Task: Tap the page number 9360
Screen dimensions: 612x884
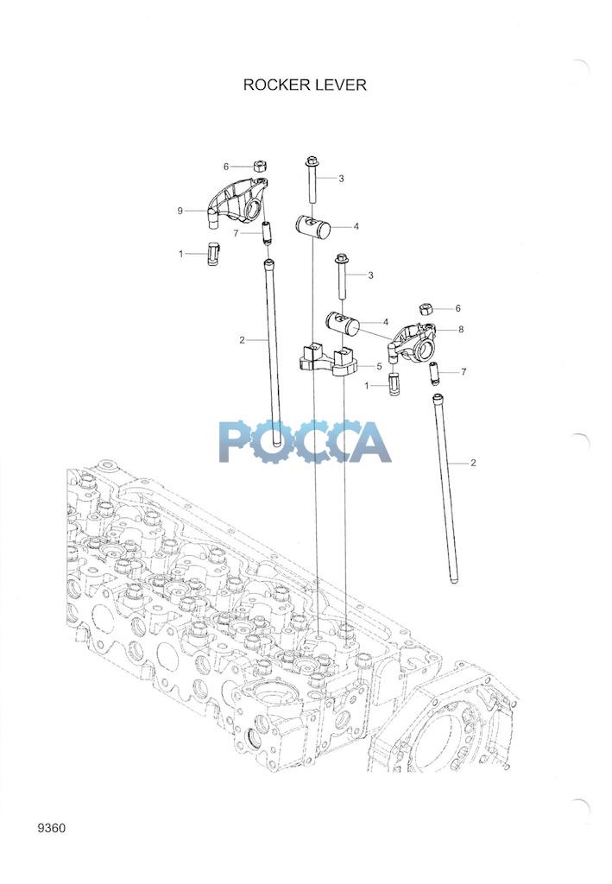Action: click(x=51, y=828)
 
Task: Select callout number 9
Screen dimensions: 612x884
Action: click(x=180, y=211)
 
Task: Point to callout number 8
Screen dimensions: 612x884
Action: click(x=461, y=329)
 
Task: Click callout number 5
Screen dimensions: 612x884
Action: click(x=379, y=366)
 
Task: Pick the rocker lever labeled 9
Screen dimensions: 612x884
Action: click(x=236, y=203)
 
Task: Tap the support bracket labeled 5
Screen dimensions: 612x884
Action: click(x=328, y=361)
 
